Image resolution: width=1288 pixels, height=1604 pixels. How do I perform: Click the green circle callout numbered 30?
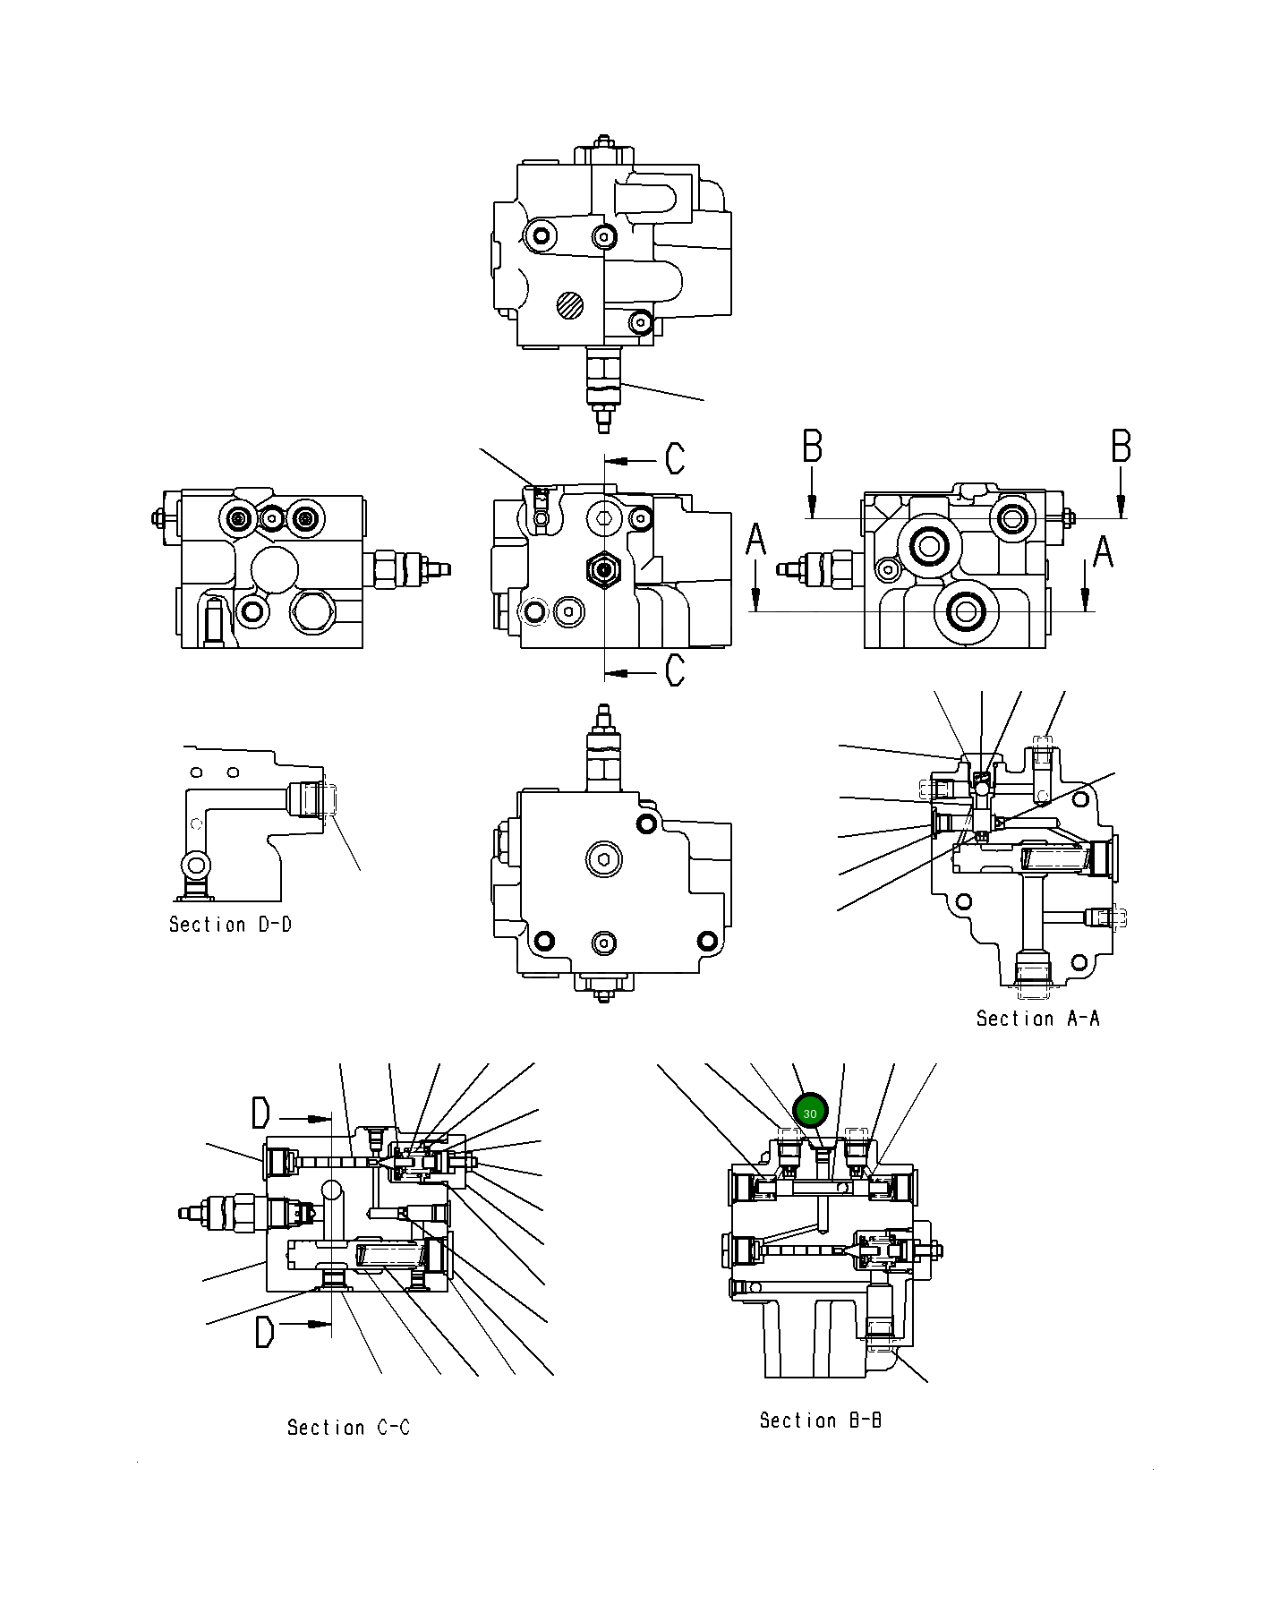click(810, 1113)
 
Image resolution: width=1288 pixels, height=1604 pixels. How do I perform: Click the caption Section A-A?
click(1037, 1019)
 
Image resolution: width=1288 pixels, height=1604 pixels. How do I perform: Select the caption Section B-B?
click(820, 1420)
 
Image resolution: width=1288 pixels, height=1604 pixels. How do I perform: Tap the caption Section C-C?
click(348, 1427)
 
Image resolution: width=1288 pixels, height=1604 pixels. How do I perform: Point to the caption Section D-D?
click(230, 924)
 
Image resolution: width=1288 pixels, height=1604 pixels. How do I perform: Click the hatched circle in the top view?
click(569, 306)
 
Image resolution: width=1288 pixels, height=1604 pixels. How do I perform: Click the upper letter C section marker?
click(675, 458)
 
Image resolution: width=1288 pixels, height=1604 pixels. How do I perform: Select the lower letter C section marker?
click(675, 670)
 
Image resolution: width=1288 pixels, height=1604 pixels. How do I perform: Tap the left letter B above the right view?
click(812, 446)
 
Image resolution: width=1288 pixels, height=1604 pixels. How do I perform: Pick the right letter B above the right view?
click(1121, 446)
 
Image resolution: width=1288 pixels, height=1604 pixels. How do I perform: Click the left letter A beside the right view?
click(756, 540)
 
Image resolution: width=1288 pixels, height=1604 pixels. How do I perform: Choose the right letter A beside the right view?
click(1103, 550)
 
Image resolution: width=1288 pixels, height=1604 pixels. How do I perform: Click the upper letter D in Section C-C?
click(260, 1114)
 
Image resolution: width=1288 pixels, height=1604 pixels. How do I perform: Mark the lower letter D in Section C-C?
click(263, 1331)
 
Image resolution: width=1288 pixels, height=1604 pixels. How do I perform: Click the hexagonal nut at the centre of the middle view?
click(604, 568)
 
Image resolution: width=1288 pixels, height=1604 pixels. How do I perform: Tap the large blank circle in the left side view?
click(274, 568)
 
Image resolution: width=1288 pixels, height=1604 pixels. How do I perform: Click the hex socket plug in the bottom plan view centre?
click(604, 860)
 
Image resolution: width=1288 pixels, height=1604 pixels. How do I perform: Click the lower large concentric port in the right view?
click(965, 611)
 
